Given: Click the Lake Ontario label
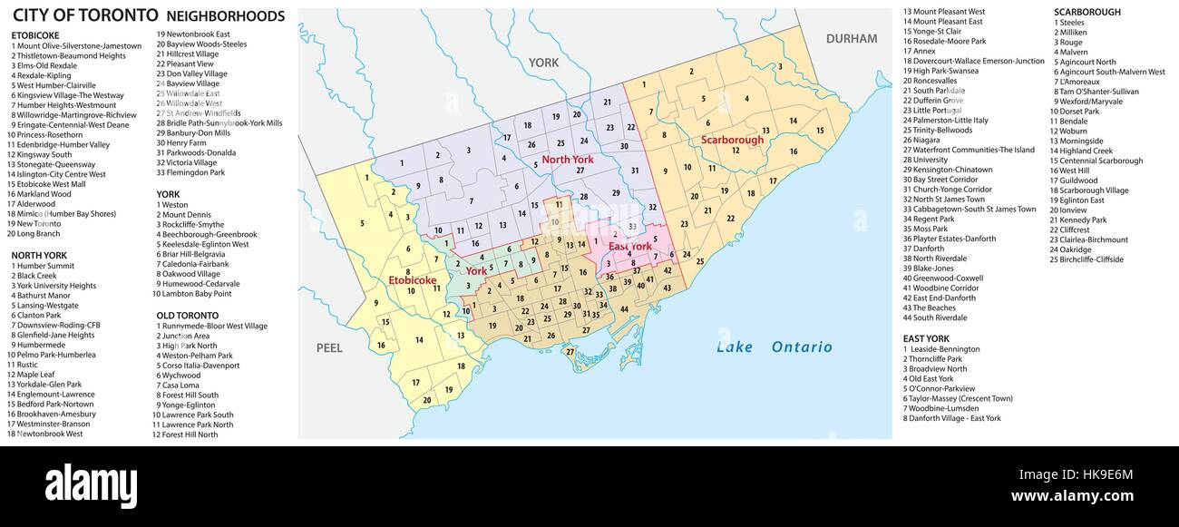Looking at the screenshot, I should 774,346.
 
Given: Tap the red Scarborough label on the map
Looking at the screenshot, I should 732,140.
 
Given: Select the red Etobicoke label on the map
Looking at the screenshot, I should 413,280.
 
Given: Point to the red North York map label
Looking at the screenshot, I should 568,160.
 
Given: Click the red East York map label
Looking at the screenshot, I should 630,246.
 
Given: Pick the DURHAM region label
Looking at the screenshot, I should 851,38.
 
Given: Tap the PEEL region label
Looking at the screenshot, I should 329,347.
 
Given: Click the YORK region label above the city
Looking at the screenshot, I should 544,63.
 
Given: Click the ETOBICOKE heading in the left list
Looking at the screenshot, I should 36,35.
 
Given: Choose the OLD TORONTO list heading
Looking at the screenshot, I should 187,315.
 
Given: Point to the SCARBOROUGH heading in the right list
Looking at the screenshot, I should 1086,12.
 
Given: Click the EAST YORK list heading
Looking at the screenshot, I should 926,338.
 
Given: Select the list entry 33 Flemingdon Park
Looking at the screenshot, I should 192,172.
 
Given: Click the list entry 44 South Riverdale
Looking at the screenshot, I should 935,317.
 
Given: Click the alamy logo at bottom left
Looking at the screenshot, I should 91,486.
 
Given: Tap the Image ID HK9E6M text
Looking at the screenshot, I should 1075,473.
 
